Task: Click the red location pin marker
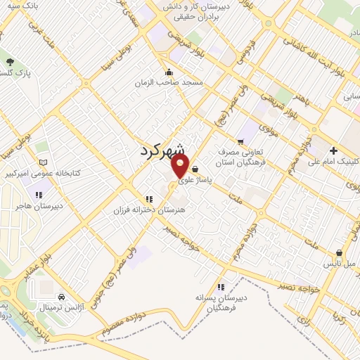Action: coord(180,165)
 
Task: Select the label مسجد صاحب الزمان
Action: coord(169,82)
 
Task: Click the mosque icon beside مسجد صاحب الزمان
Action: coord(169,72)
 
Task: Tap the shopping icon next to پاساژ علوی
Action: coord(194,169)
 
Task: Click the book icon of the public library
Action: coord(44,162)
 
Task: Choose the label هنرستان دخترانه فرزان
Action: coord(148,210)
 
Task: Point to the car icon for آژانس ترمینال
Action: coord(62,297)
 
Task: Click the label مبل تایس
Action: coord(340,264)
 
